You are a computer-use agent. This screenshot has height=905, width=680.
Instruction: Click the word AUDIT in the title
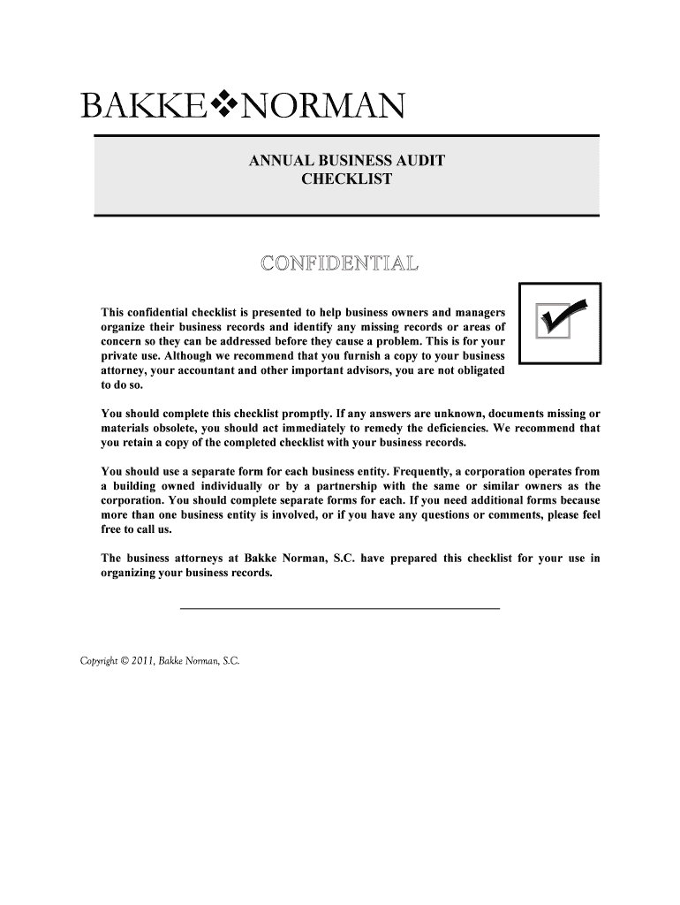tap(419, 162)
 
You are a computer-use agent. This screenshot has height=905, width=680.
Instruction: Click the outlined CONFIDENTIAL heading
tap(340, 262)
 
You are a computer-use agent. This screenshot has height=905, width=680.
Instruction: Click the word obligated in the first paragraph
tap(476, 371)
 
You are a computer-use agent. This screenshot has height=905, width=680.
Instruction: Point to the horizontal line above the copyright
tap(340, 610)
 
